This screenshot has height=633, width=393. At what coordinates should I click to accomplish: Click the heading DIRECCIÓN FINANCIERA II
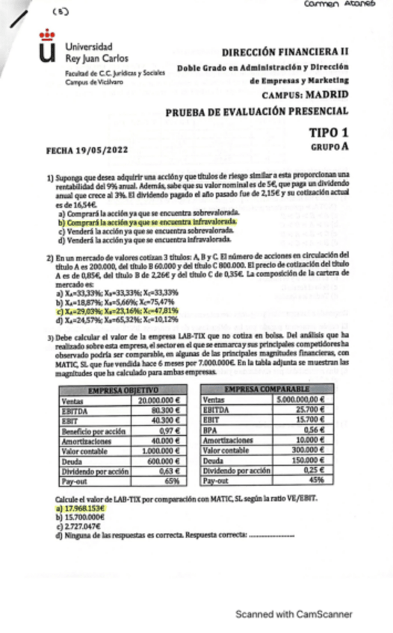[285, 53]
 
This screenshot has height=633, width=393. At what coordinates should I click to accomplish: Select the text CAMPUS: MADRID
[305, 96]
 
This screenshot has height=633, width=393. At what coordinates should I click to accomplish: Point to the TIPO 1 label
[328, 132]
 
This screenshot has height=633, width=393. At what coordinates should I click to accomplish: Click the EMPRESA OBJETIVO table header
[123, 390]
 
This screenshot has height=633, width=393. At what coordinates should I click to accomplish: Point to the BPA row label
[214, 429]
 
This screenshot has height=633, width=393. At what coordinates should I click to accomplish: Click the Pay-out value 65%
[173, 481]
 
